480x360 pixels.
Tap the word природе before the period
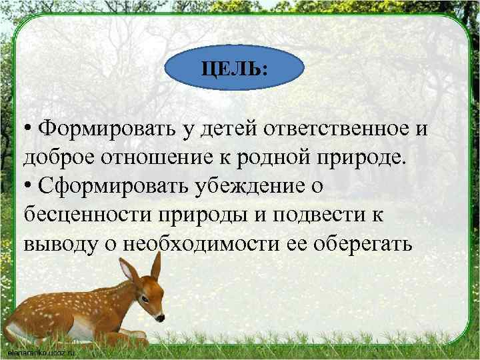click(363, 158)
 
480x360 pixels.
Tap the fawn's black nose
click(162, 317)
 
